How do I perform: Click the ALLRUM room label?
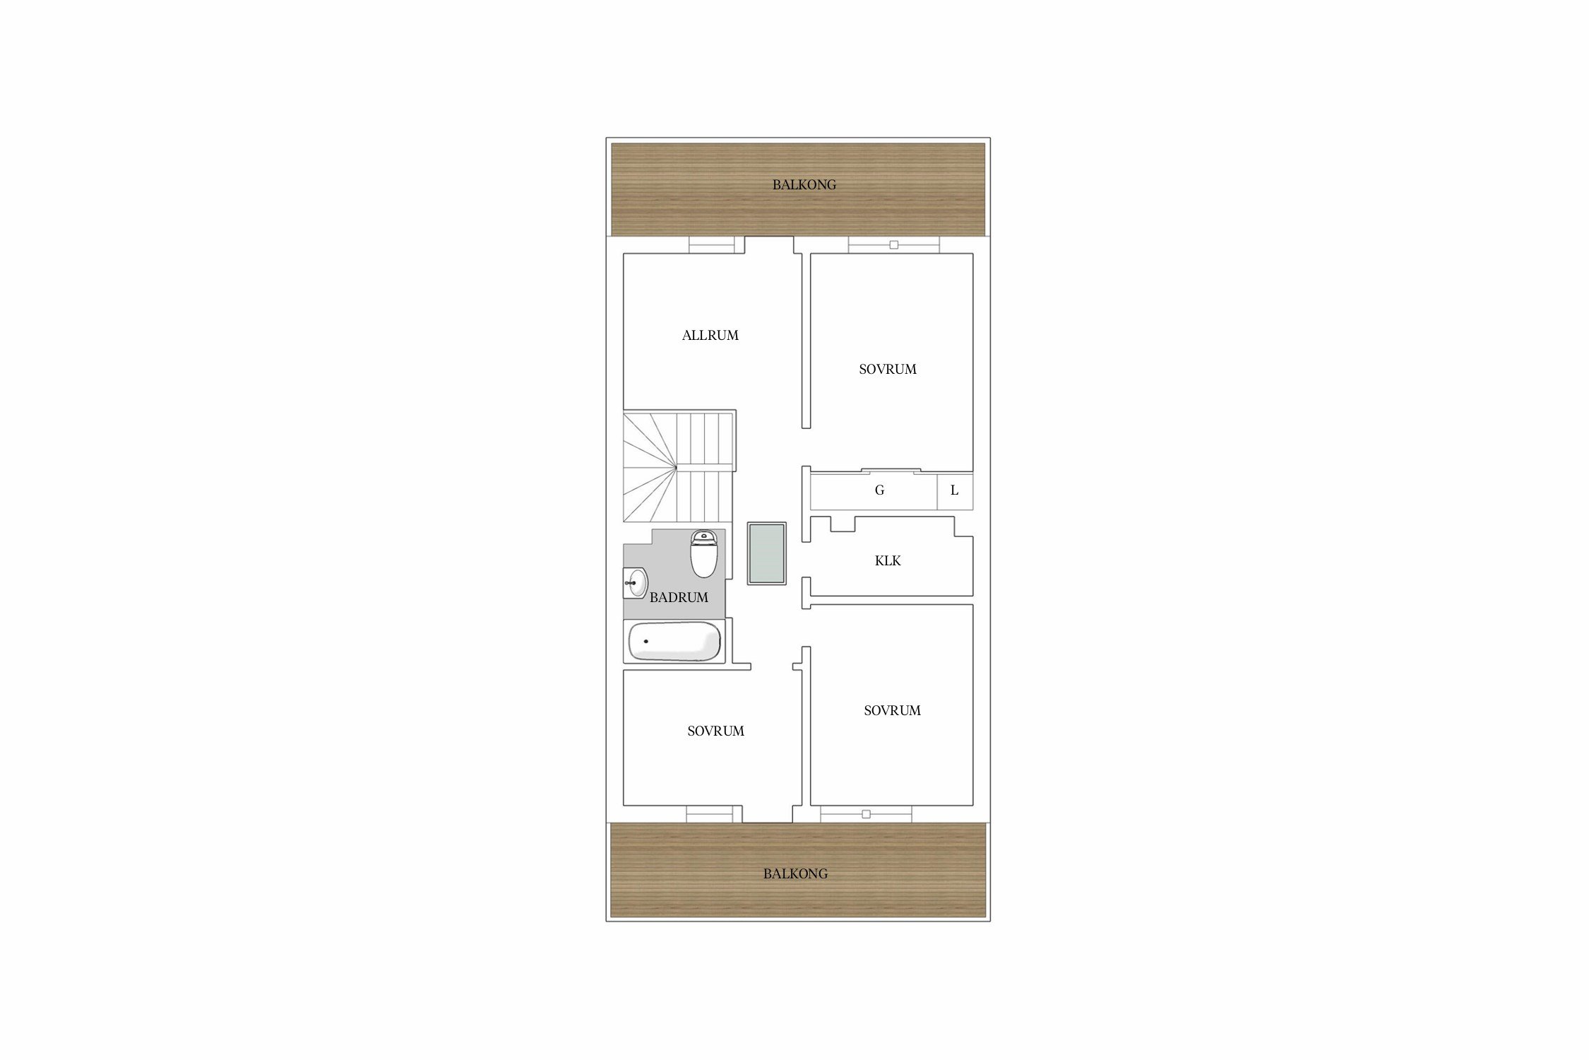point(710,336)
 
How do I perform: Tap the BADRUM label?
point(679,598)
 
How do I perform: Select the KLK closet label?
point(888,561)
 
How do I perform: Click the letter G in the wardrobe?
point(879,490)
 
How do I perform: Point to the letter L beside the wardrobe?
point(954,490)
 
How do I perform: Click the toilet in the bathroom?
point(703,553)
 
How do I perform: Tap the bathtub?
point(674,642)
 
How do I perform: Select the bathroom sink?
point(636,583)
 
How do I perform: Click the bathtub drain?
point(645,642)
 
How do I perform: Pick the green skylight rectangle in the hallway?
point(767,553)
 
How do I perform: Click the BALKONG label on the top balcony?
point(804,185)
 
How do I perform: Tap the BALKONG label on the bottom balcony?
point(795,874)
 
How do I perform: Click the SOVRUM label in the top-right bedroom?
point(888,370)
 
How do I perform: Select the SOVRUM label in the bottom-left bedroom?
point(715,731)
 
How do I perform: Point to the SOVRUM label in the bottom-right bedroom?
point(892,711)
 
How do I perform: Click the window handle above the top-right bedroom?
point(893,245)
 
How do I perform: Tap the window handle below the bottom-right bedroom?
point(866,814)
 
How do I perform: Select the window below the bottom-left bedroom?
point(714,814)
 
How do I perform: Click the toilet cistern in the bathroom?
point(703,536)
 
